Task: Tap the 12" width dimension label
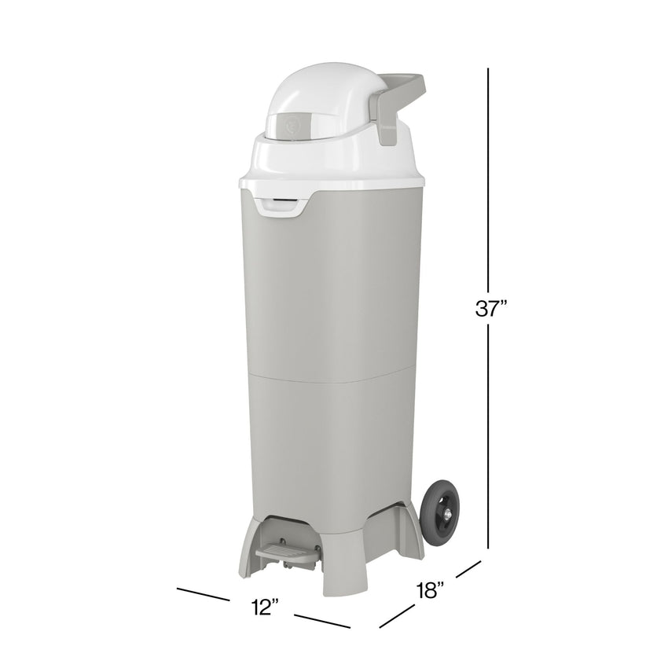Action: click(266, 606)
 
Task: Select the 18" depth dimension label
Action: click(431, 589)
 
